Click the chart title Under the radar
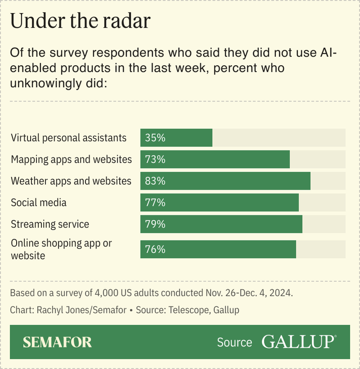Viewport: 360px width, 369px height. [x=80, y=21]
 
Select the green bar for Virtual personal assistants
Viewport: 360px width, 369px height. [x=189, y=137]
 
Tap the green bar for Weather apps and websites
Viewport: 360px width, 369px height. [x=234, y=181]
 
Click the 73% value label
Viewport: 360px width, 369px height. [x=155, y=159]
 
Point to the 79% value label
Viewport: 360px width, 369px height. [x=155, y=224]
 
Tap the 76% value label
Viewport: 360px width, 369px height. [x=155, y=249]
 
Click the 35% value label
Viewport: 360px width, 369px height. [x=155, y=138]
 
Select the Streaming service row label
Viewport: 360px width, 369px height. [x=50, y=224]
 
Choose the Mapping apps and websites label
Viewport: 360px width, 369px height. [x=71, y=159]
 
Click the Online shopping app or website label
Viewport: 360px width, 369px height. [x=61, y=249]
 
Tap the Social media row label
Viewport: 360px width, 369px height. [x=39, y=202]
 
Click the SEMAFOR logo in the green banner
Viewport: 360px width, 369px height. [x=57, y=342]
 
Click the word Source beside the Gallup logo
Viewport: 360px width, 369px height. [x=234, y=342]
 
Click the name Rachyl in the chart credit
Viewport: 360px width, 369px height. [x=49, y=310]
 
